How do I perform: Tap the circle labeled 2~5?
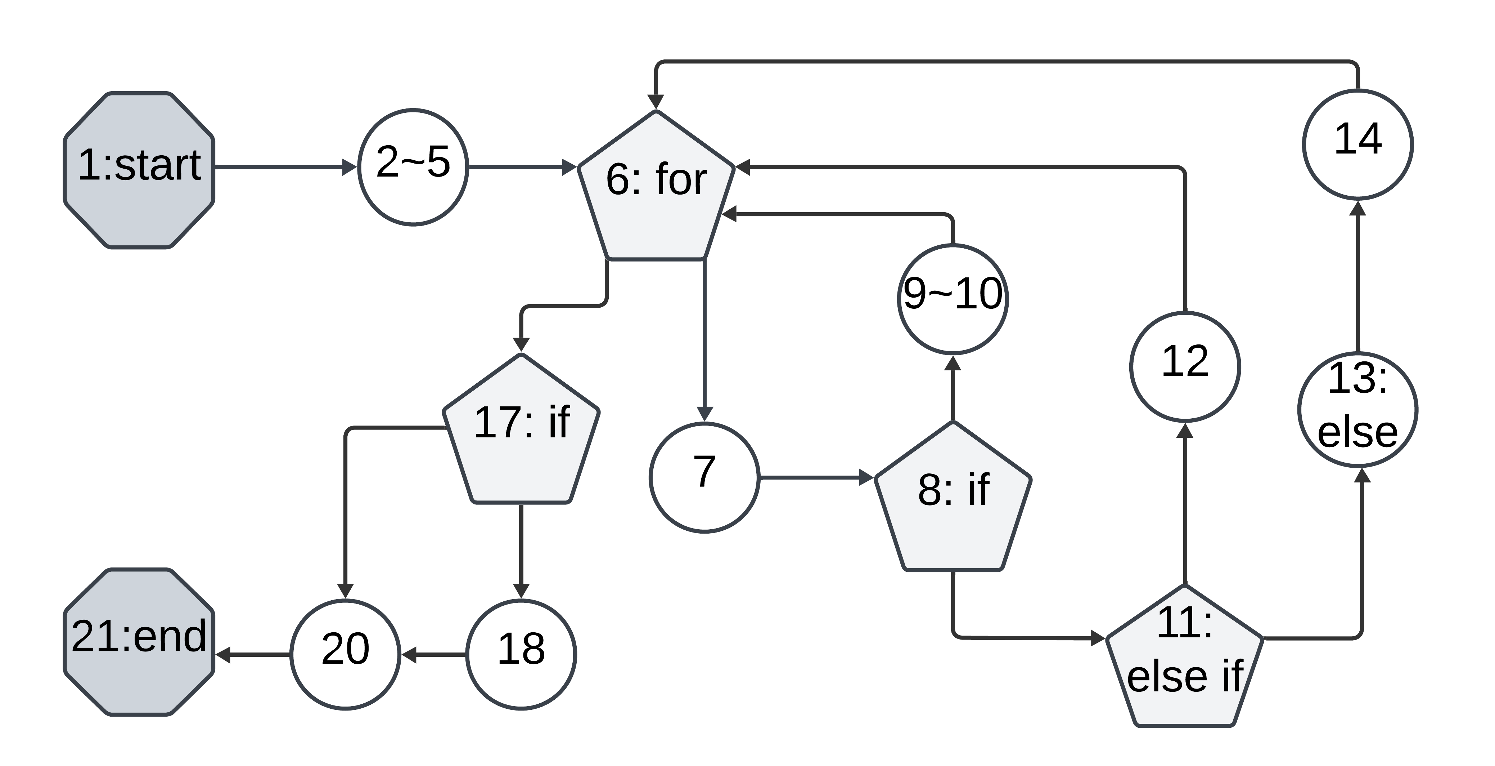pyautogui.click(x=413, y=167)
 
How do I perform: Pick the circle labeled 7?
pyautogui.click(x=704, y=477)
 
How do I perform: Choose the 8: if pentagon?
pyautogui.click(x=953, y=499)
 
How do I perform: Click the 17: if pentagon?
pyautogui.click(x=521, y=433)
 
